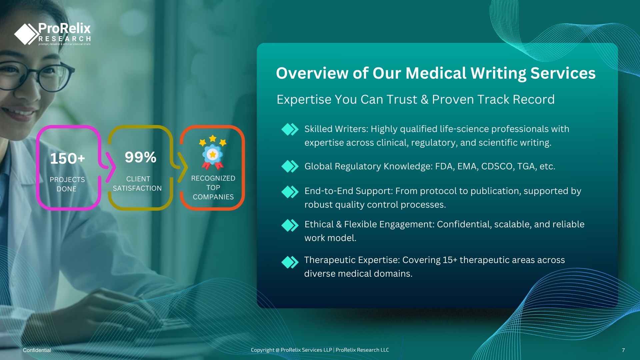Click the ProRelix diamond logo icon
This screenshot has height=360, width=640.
[x=26, y=34]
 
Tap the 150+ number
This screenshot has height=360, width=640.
[x=68, y=159]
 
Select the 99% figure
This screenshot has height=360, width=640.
[x=140, y=157]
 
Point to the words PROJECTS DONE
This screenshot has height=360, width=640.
[x=67, y=184]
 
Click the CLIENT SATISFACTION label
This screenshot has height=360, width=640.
[x=137, y=183]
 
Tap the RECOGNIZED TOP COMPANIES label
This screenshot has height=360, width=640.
[x=213, y=187]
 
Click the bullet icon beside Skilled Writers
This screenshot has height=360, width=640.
[x=290, y=129]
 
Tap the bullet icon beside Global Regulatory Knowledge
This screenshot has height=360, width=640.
[x=290, y=166]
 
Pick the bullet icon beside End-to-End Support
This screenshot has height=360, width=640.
[x=290, y=192]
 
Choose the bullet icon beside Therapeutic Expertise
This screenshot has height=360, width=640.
[x=290, y=262]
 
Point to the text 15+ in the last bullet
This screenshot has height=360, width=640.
[x=450, y=260]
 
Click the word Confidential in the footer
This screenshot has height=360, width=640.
[x=37, y=350]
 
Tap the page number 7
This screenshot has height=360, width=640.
[x=623, y=350]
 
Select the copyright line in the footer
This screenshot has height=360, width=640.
[x=320, y=350]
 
